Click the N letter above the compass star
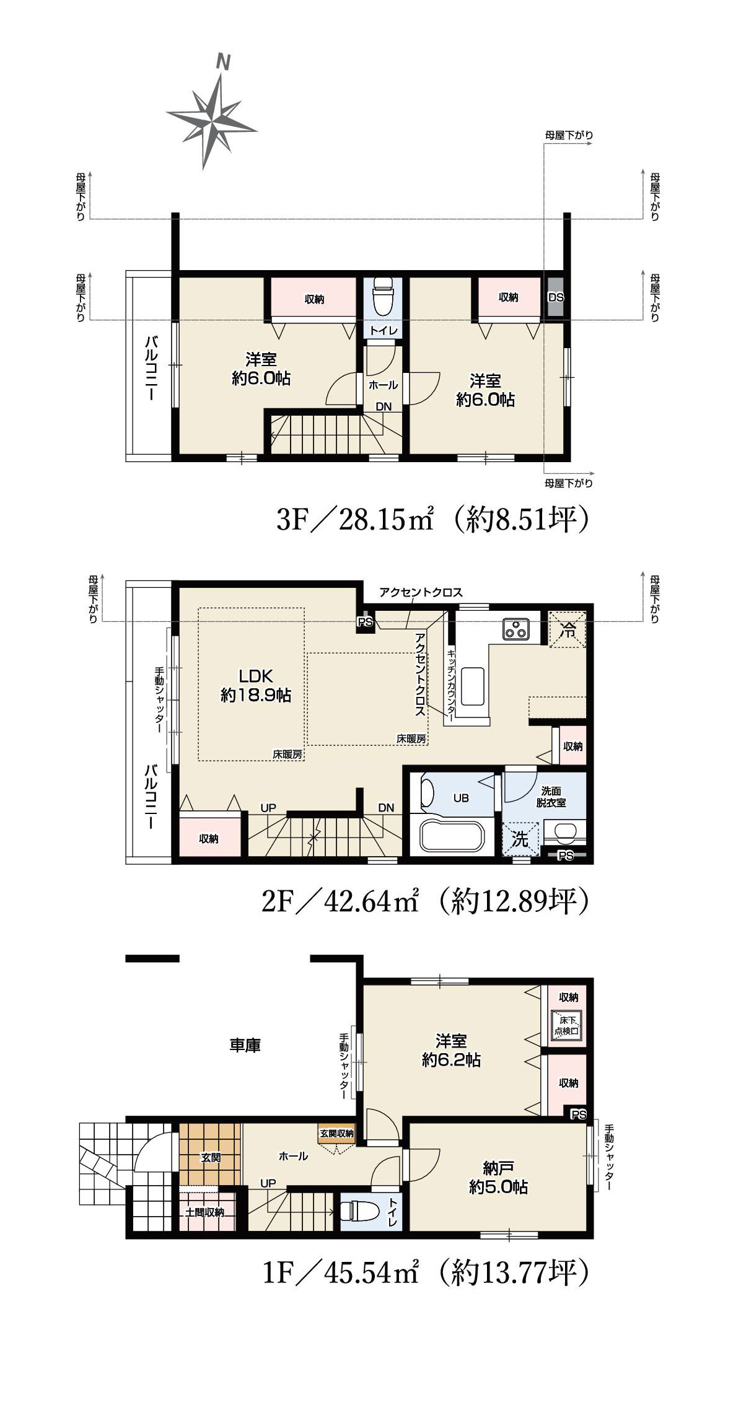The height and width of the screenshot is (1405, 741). pyautogui.click(x=223, y=62)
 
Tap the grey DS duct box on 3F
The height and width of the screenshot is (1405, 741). pyautogui.click(x=556, y=297)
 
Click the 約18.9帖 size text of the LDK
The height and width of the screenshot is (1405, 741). pyautogui.click(x=256, y=696)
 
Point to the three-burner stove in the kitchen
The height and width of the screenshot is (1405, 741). pyautogui.click(x=516, y=629)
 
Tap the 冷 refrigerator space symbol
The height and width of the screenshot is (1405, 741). pyautogui.click(x=567, y=630)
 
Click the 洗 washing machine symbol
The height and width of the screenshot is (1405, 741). pyautogui.click(x=520, y=839)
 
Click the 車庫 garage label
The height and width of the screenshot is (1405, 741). pyautogui.click(x=245, y=1045)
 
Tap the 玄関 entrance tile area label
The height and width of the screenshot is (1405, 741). pyautogui.click(x=211, y=1157)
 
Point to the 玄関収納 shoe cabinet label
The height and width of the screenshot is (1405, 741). pyautogui.click(x=336, y=1133)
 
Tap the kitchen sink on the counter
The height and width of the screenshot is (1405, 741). pyautogui.click(x=473, y=686)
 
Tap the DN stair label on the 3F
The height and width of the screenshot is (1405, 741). pyautogui.click(x=384, y=406)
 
